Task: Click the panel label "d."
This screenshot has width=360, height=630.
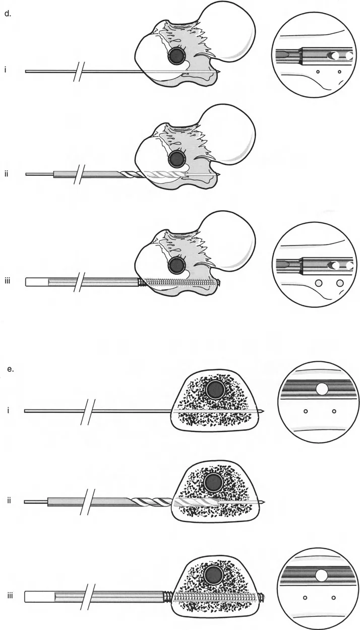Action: tap(8, 14)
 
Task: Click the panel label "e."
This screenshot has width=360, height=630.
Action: tap(11, 369)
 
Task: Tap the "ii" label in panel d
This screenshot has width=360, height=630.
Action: tap(6, 173)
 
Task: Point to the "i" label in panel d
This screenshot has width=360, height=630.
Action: tap(6, 69)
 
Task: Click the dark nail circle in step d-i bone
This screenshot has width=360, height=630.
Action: tap(176, 55)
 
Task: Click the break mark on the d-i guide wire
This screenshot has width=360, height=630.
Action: tap(78, 72)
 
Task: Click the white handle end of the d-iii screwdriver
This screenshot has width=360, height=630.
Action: tap(37, 282)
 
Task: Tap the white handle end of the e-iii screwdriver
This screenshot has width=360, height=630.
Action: tap(39, 597)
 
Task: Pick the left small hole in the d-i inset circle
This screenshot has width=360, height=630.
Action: tap(318, 72)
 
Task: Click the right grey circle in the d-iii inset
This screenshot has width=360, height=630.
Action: tap(340, 283)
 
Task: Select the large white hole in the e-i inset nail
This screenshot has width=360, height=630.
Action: tap(322, 389)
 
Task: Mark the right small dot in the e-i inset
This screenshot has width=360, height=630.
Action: tap(334, 411)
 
